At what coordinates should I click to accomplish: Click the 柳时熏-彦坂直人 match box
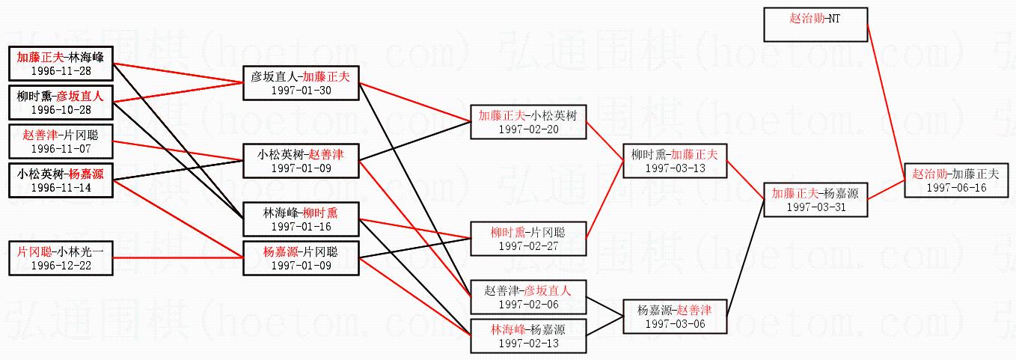pyautogui.click(x=61, y=103)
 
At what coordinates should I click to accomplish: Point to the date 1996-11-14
pyautogui.click(x=61, y=187)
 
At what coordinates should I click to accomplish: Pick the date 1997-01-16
pyautogui.click(x=302, y=226)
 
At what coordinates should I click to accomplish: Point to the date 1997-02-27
pyautogui.click(x=528, y=245)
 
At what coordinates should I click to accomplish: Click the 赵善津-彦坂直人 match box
pyautogui.click(x=528, y=297)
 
